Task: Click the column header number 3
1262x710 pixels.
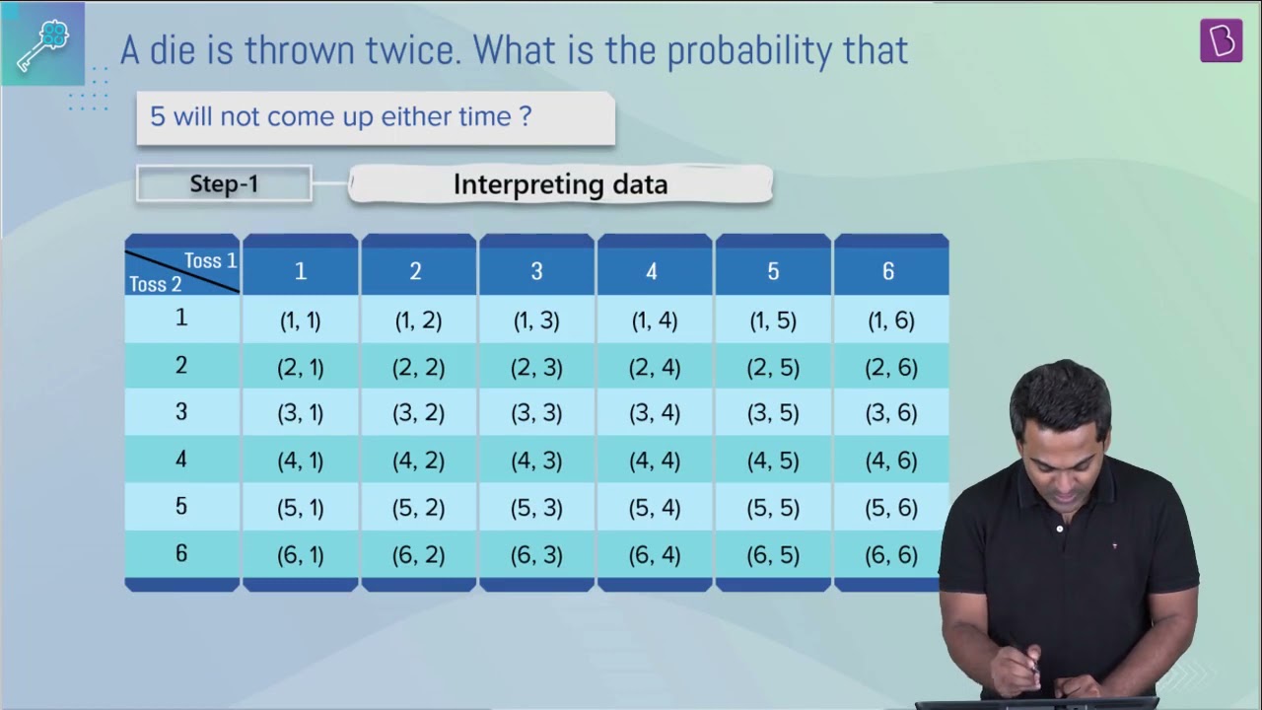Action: [x=536, y=271]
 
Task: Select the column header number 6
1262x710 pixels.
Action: [x=888, y=271]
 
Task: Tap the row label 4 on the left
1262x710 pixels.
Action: [x=180, y=459]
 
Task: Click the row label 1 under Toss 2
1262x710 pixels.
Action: [x=180, y=318]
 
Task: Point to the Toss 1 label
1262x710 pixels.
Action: [x=210, y=260]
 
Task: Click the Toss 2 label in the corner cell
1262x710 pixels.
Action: [x=156, y=284]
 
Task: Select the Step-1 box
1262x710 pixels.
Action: [x=224, y=183]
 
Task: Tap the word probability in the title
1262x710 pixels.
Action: [x=749, y=50]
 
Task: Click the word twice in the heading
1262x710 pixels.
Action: [x=413, y=49]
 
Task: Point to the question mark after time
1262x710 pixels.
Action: [x=526, y=116]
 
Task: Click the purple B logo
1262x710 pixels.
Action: [x=1221, y=40]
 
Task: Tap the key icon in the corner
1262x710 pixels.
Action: [x=42, y=45]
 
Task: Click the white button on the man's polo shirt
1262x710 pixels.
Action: [x=1060, y=529]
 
